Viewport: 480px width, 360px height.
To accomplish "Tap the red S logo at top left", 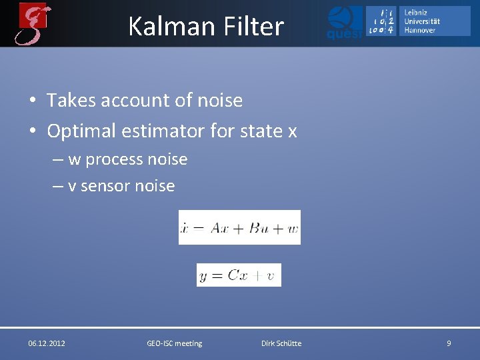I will pyautogui.click(x=34, y=23).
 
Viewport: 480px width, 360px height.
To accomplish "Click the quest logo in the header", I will pyautogui.click(x=345, y=23).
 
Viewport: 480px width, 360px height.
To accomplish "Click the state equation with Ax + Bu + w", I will pyautogui.click(x=239, y=227).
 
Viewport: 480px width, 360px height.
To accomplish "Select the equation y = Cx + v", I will pyautogui.click(x=239, y=275).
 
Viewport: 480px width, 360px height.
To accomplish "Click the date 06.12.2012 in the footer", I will pyautogui.click(x=47, y=343).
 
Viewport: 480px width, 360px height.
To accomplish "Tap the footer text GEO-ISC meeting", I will pyautogui.click(x=174, y=343).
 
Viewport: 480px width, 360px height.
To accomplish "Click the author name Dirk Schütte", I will pyautogui.click(x=281, y=343).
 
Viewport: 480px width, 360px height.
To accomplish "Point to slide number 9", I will pyautogui.click(x=449, y=343).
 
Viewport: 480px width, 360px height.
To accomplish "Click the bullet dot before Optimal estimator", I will pyautogui.click(x=32, y=132).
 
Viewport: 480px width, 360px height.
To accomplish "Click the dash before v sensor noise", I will pyautogui.click(x=59, y=187).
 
